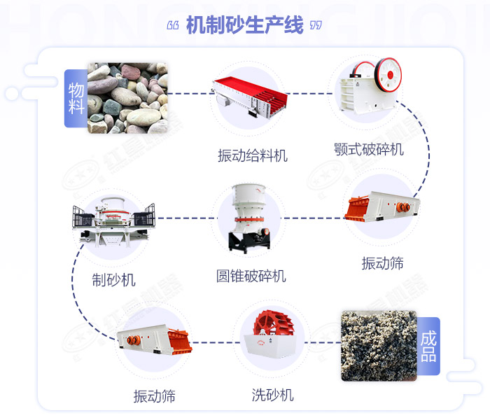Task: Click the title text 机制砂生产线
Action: (x=245, y=26)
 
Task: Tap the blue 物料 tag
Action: (x=76, y=98)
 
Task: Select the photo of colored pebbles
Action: (x=127, y=97)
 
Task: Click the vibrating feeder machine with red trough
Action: (x=251, y=94)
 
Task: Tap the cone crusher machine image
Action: (x=248, y=217)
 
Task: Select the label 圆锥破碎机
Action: (x=251, y=276)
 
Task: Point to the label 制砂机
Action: (x=113, y=280)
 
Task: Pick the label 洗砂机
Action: (x=273, y=395)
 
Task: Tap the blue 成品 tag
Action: (x=428, y=346)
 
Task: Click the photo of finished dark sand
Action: (x=378, y=346)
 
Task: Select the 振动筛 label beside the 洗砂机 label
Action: (x=154, y=396)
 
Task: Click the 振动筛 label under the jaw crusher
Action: (x=382, y=263)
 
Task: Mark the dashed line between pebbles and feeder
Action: (x=189, y=93)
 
